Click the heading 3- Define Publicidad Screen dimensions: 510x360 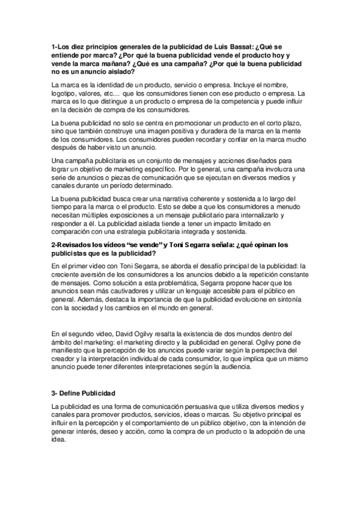83,393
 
